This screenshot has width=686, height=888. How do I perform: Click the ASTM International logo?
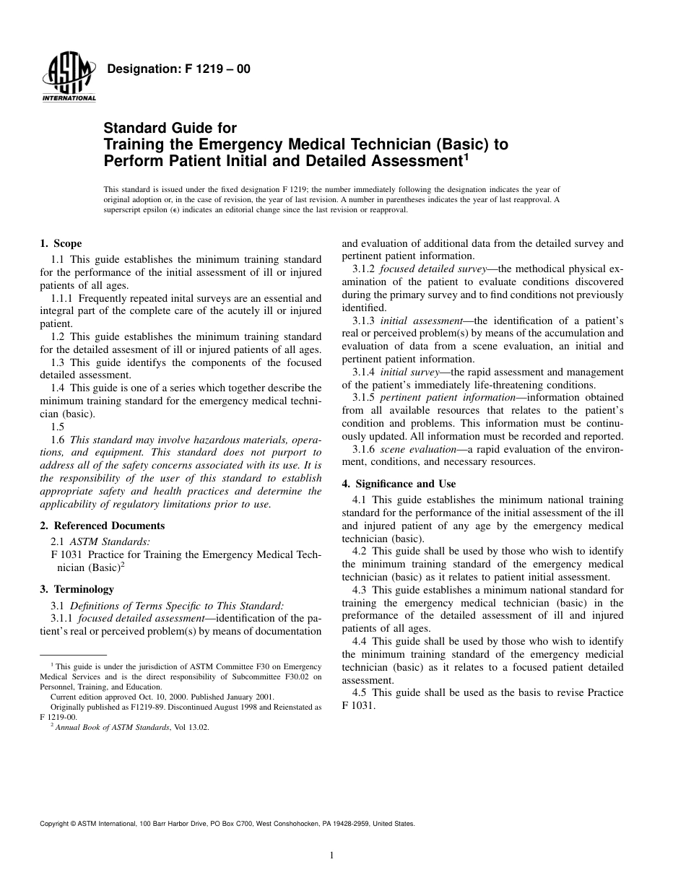point(69,77)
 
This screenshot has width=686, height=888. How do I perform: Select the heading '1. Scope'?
point(61,244)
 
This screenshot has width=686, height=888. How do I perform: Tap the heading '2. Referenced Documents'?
point(102,526)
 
